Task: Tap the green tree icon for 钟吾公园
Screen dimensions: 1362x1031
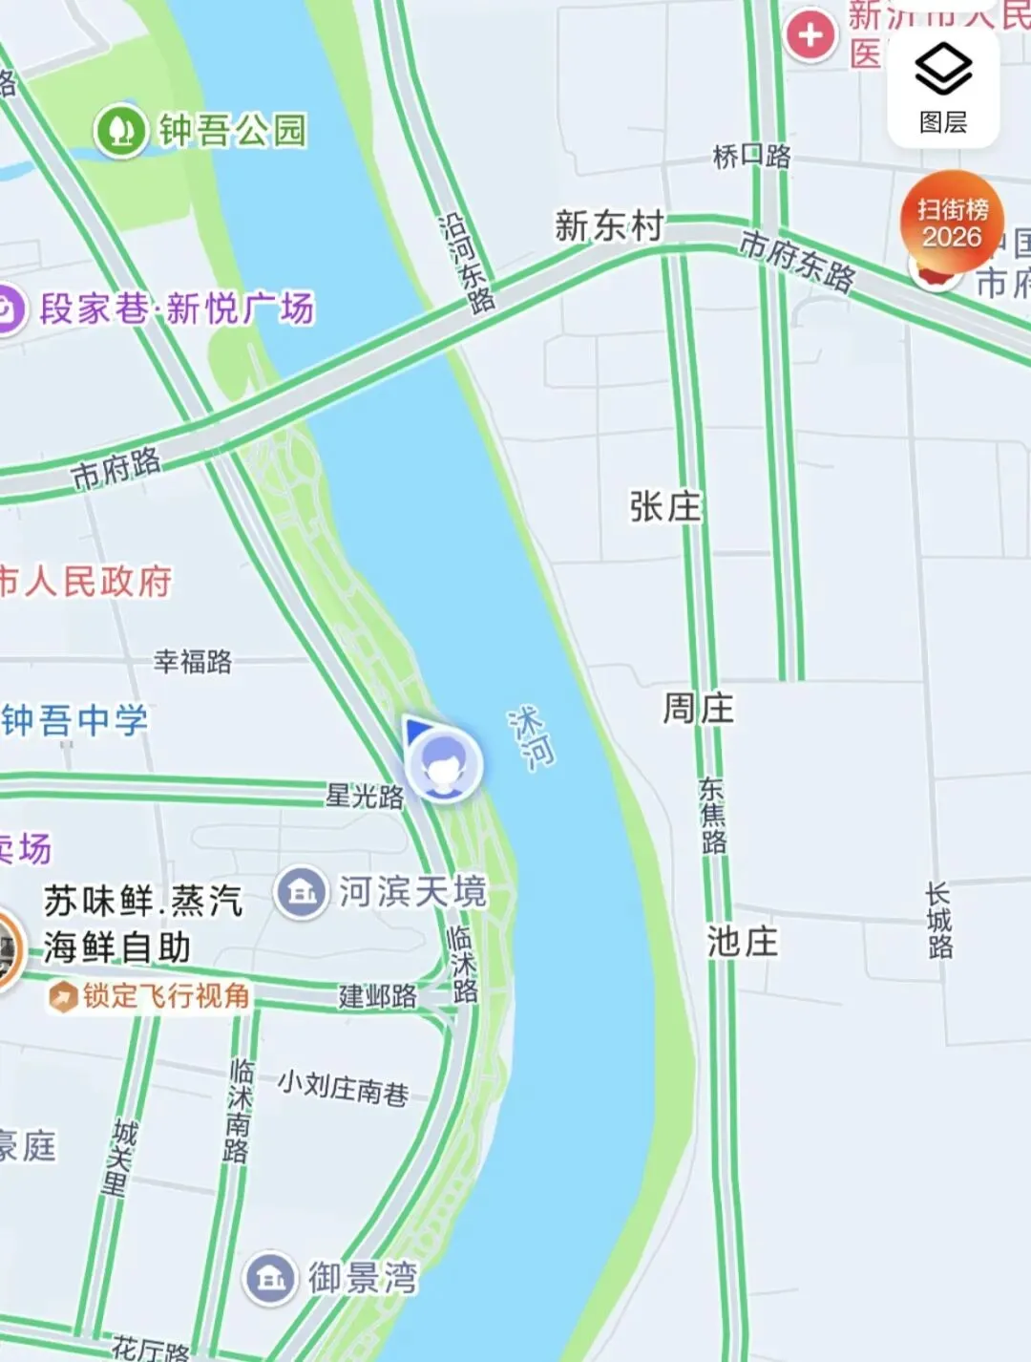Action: click(120, 130)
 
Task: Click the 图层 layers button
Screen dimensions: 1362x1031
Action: click(943, 89)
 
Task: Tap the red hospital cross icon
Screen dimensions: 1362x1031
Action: click(810, 35)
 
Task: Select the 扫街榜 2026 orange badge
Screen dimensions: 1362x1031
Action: click(952, 223)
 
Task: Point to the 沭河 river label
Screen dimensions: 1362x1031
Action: click(531, 738)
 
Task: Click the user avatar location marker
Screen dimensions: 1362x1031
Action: click(443, 763)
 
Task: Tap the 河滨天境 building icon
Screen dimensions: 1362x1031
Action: click(302, 893)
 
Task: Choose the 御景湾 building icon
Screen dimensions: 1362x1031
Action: click(271, 1277)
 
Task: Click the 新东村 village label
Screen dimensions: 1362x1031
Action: click(609, 226)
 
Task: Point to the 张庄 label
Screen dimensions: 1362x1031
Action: click(665, 507)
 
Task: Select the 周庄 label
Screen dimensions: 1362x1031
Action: click(699, 709)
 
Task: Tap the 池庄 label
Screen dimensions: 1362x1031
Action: click(743, 942)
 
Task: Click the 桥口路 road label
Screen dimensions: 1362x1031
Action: click(752, 156)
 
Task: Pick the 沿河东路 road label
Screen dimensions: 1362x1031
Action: click(467, 263)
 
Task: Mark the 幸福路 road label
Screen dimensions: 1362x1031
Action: click(193, 661)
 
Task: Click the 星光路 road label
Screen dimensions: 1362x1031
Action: click(365, 795)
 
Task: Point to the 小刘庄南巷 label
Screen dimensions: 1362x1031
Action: click(344, 1087)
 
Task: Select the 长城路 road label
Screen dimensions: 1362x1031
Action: click(938, 920)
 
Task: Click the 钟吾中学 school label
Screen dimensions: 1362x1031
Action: click(74, 720)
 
